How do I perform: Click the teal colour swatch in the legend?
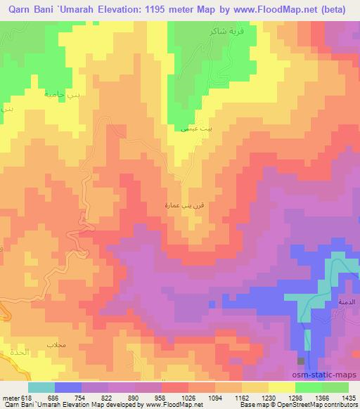click(41, 387)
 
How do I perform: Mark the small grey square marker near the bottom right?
click(302, 361)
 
